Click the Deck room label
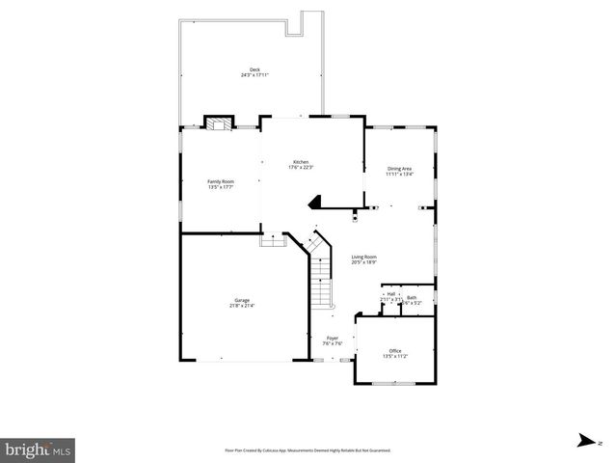point(254,69)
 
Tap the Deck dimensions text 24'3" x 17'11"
point(254,74)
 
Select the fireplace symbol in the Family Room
point(219,123)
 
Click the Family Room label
point(220,180)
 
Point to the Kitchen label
point(301,162)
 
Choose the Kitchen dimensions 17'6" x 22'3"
point(301,168)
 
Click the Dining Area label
point(399,169)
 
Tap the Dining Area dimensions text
point(399,175)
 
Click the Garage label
point(241,300)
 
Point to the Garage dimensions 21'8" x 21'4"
point(241,306)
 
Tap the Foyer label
point(332,338)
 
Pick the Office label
point(395,350)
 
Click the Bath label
point(412,297)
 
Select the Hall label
point(391,293)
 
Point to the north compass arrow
point(583,441)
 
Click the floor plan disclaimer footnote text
point(308,449)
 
